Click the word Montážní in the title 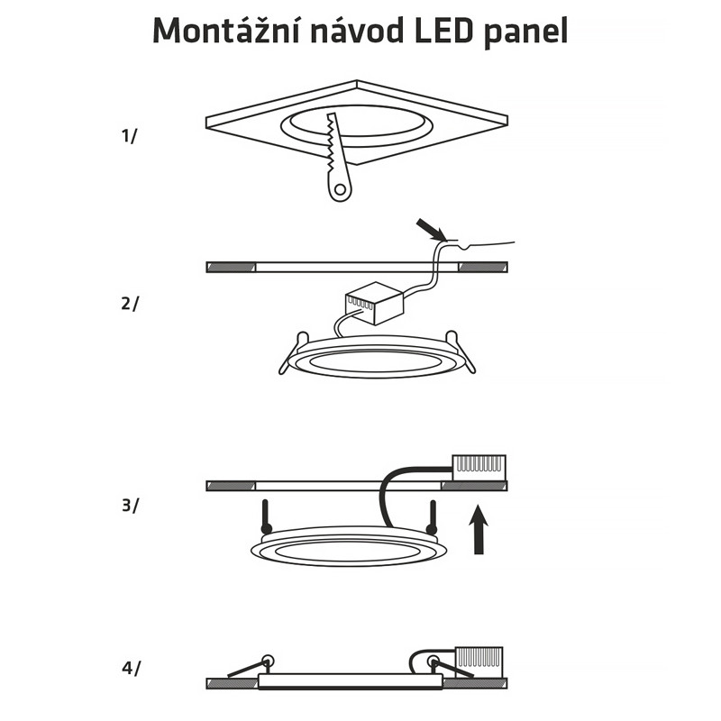[226, 30]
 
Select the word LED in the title [443, 31]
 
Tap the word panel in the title [526, 32]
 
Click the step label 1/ [129, 136]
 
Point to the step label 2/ [129, 304]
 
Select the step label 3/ [130, 506]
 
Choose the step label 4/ [131, 668]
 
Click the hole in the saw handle [340, 189]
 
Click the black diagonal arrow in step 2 [431, 230]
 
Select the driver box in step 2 [374, 303]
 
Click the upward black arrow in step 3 [479, 529]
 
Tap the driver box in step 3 [479, 468]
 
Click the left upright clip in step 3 [266, 517]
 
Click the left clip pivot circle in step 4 [266, 662]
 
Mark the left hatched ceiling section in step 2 [231, 267]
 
